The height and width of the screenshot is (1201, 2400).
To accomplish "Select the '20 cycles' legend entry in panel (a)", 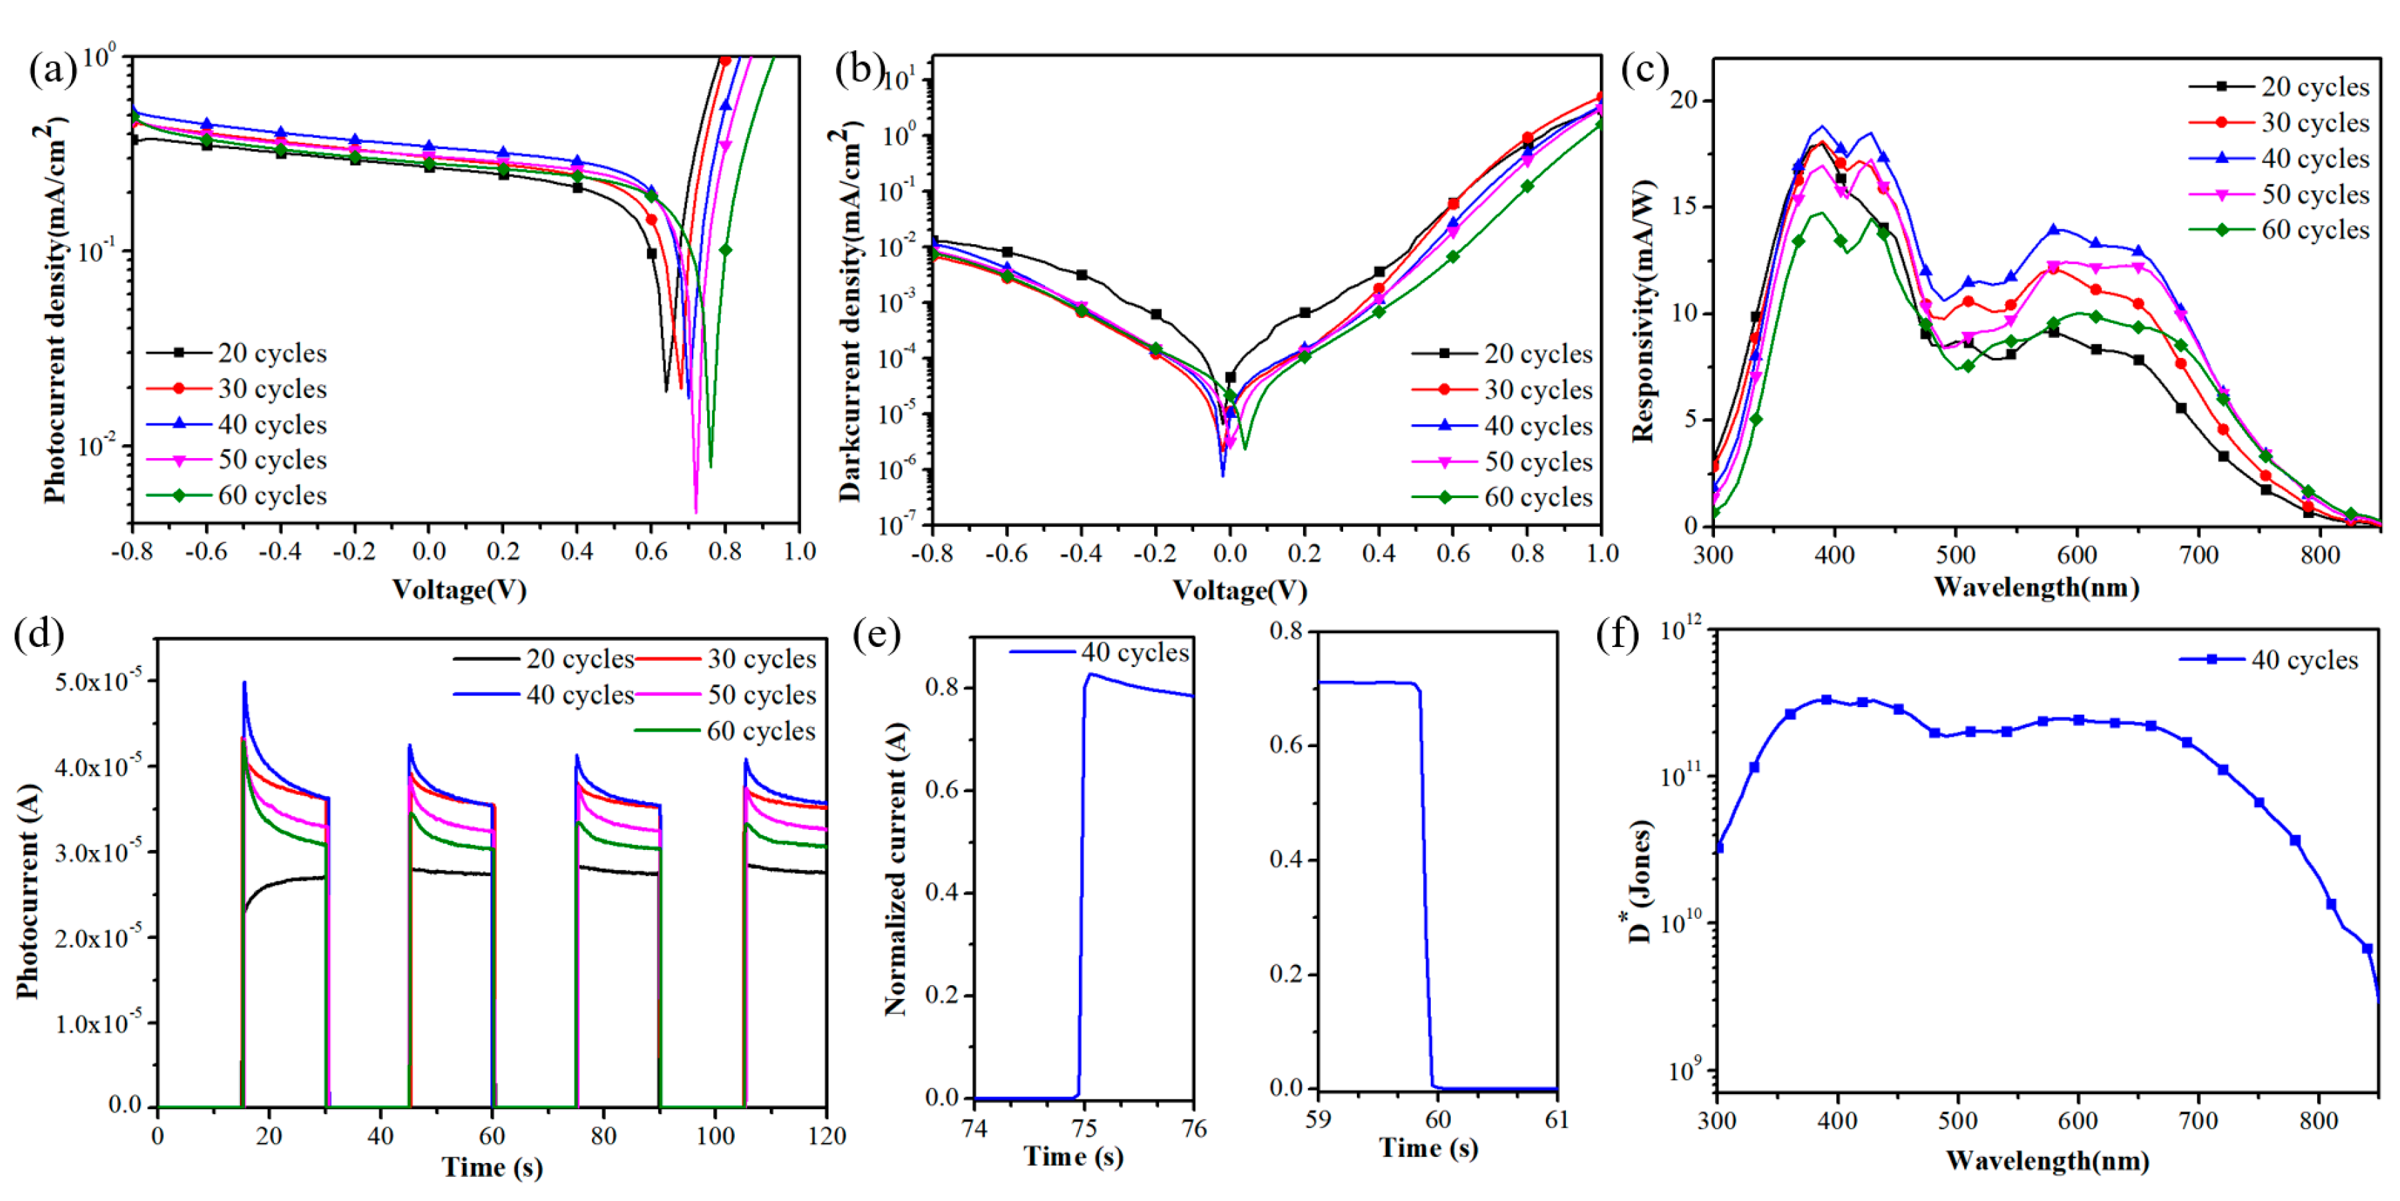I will (x=271, y=353).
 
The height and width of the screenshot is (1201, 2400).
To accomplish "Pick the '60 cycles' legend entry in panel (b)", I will (x=1537, y=497).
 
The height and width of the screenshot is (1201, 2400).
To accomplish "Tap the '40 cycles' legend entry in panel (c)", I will (x=2314, y=159).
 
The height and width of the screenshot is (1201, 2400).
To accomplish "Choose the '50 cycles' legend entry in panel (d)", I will (x=760, y=695).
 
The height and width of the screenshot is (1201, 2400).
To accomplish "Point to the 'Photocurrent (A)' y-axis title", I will (x=28, y=892).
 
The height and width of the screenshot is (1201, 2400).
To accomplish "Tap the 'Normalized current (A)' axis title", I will (x=895, y=869).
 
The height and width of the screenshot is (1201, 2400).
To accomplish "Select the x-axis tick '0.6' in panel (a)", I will (x=651, y=552).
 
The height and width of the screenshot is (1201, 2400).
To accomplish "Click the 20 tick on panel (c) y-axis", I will (x=1685, y=100).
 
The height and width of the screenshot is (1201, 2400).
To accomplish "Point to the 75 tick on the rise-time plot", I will (x=1084, y=1129).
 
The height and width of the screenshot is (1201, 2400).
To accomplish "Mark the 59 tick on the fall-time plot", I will (x=1318, y=1120).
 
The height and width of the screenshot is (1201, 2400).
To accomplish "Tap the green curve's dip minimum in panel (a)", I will (x=710, y=465).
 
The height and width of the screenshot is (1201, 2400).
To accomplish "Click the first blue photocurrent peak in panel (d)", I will (x=244, y=683).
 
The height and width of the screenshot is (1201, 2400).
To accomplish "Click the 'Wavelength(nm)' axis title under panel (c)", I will (x=2036, y=588).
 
